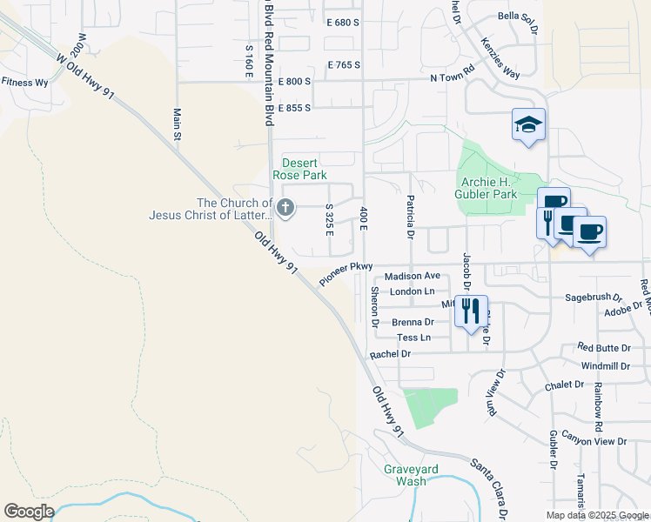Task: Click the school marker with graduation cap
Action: coord(528,125)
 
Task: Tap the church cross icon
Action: coord(285,208)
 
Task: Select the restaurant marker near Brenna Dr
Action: coord(472,311)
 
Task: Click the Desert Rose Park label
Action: coord(299,169)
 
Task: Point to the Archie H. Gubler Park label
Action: coord(487,188)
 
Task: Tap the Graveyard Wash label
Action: coord(405,475)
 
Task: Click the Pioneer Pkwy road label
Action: coord(346,274)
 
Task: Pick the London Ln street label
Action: coord(412,291)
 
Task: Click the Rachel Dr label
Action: coord(389,354)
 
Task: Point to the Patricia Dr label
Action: coord(408,217)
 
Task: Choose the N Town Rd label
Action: coord(452,75)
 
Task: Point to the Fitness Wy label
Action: coord(24,83)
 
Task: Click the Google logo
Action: coord(30,511)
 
